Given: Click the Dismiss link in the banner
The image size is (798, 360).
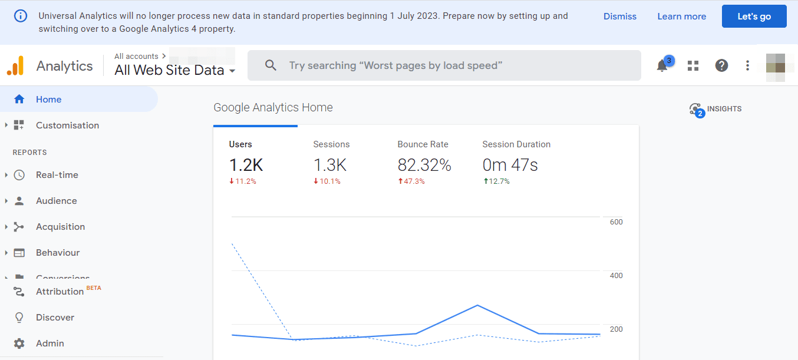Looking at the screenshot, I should (619, 16).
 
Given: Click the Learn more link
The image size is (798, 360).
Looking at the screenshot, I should (681, 16).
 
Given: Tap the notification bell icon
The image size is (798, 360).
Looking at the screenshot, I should (662, 65).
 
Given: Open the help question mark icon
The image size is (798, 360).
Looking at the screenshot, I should (721, 65).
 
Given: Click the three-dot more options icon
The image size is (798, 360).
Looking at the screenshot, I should (747, 65).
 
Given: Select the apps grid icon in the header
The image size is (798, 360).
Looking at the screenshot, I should (693, 65).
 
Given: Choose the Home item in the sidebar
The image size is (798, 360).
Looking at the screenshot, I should (48, 100).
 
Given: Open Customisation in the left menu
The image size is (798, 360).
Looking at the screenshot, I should (67, 125).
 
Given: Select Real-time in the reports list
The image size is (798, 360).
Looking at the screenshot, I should (57, 175).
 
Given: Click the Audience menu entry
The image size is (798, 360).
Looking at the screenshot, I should (56, 201).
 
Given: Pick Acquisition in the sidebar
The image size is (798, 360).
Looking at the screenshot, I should (60, 227).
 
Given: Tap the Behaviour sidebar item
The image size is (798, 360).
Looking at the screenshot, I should (57, 253).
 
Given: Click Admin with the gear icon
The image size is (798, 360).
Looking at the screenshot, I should (50, 344).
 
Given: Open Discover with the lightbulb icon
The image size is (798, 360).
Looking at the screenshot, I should (55, 318).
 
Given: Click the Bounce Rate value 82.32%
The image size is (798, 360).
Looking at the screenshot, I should (424, 166).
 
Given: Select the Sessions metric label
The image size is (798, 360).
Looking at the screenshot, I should (331, 144).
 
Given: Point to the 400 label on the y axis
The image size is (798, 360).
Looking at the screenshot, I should (616, 276).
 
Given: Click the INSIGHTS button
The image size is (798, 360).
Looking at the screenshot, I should (716, 109).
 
